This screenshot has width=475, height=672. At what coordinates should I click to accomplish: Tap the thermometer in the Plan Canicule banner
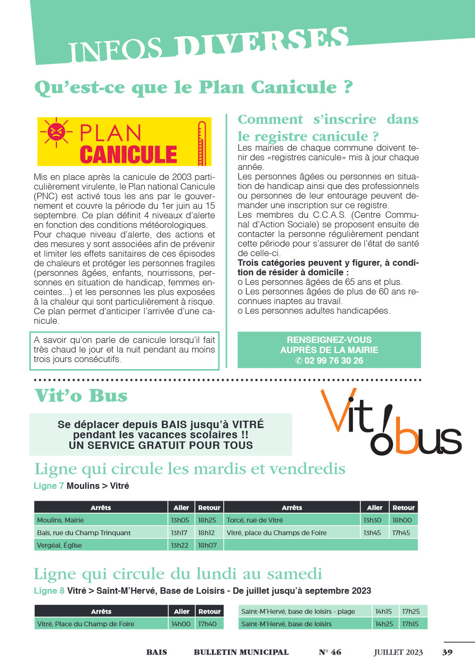(x=201, y=141)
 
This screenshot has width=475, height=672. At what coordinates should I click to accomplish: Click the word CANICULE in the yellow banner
(x=128, y=153)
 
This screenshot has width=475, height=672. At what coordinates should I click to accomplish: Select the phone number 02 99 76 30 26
(x=329, y=360)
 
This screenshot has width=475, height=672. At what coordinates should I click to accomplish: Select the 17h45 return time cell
(x=403, y=532)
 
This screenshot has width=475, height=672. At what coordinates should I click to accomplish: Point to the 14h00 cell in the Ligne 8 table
(x=182, y=624)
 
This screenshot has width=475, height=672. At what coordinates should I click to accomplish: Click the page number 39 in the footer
(x=447, y=652)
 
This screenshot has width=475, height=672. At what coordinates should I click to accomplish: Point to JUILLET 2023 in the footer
(x=398, y=652)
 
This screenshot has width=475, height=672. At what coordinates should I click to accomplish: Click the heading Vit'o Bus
(x=81, y=396)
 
